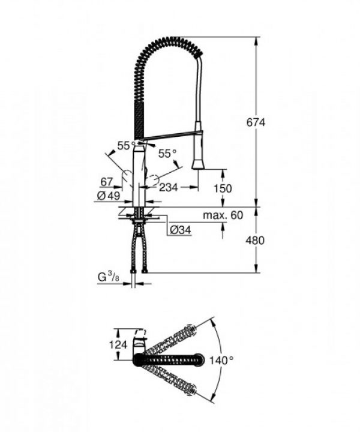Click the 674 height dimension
click(x=255, y=122)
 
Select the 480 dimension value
click(x=255, y=239)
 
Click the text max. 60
click(x=222, y=215)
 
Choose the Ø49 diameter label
click(x=109, y=196)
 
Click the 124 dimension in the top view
click(x=120, y=344)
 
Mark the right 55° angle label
click(x=167, y=154)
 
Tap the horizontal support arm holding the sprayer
click(x=171, y=136)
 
